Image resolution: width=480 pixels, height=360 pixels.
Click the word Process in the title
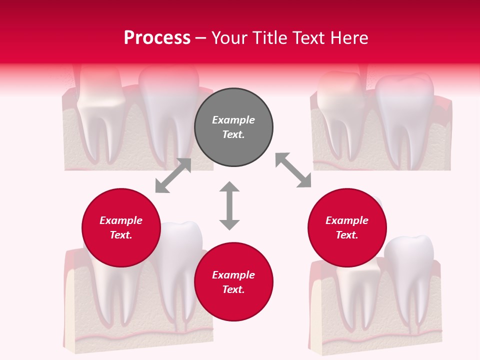click(157, 38)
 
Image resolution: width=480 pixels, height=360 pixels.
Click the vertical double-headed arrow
click(229, 205)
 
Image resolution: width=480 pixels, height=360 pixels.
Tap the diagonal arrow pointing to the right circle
click(293, 170)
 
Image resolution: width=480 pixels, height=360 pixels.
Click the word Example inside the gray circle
click(233, 120)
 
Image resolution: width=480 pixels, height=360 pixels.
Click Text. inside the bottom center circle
click(233, 289)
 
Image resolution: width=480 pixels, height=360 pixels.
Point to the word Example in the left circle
click(121, 220)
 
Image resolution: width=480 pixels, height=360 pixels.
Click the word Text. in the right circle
click(347, 235)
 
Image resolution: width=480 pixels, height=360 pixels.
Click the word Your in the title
click(230, 38)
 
